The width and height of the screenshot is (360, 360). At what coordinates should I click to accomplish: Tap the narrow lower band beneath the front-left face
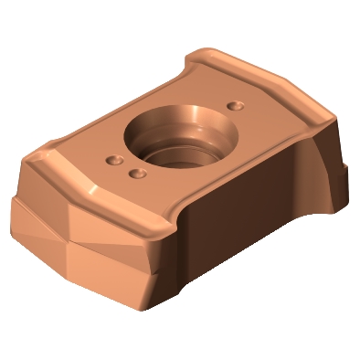pyautogui.click(x=82, y=265)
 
